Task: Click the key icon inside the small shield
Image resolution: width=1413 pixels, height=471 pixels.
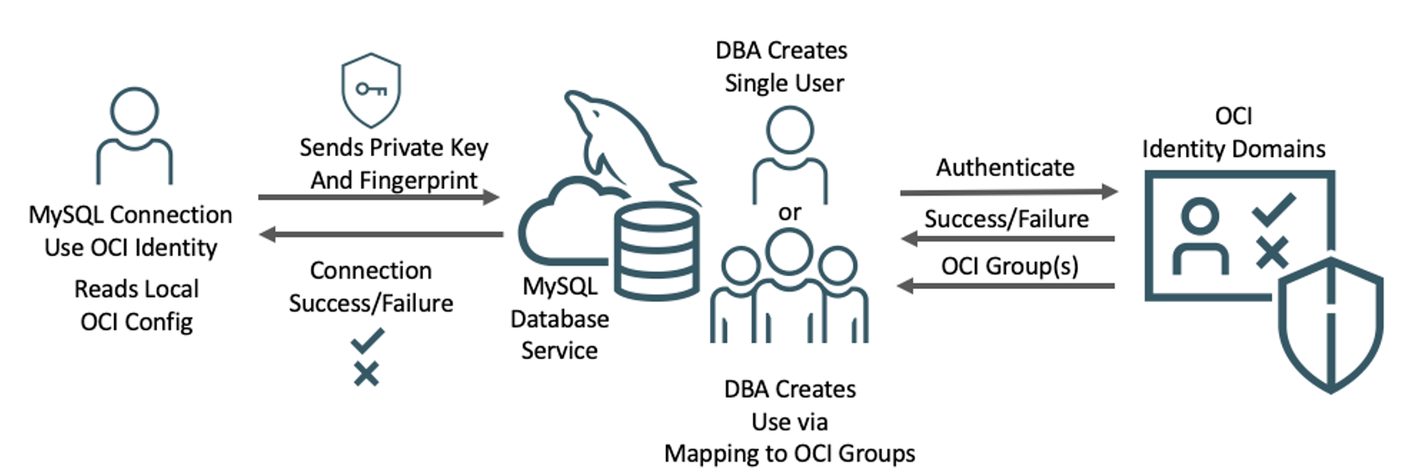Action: click(x=371, y=90)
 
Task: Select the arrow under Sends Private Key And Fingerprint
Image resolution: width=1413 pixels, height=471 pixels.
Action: click(x=379, y=198)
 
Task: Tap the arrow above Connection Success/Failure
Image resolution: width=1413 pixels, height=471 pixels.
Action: click(x=380, y=234)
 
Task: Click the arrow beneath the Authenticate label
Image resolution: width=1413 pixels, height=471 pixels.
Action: click(x=1008, y=192)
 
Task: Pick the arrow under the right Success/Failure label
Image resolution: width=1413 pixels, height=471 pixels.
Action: click(x=1007, y=239)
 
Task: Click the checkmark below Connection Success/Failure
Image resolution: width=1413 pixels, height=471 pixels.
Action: click(x=367, y=342)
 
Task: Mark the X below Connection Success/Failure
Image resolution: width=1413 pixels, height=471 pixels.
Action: click(x=367, y=374)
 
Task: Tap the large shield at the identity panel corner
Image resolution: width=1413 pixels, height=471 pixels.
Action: click(x=1329, y=323)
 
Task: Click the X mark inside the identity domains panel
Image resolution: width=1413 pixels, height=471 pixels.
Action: click(x=1272, y=253)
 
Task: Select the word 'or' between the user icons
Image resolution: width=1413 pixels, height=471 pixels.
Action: click(x=789, y=213)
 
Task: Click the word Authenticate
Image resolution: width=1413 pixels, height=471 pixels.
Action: click(x=1005, y=167)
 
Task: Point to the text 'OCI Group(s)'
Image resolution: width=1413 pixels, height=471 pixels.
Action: click(x=1009, y=266)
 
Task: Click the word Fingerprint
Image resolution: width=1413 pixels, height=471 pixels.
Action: click(x=423, y=180)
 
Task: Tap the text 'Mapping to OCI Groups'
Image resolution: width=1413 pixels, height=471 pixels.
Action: click(x=789, y=454)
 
